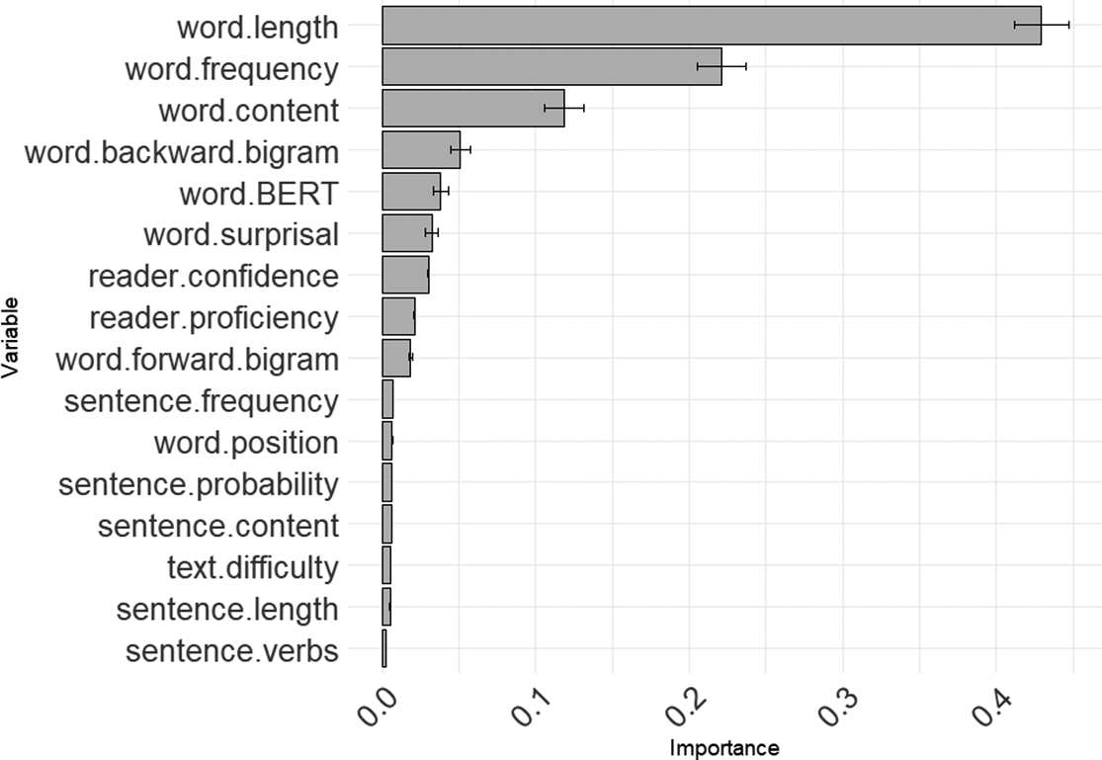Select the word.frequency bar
coord(551,66)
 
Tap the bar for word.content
coord(472,108)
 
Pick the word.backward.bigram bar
coord(420,149)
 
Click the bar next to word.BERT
coord(410,191)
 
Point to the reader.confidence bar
coord(405,274)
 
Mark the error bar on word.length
coord(1042,25)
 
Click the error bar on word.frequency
coord(721,66)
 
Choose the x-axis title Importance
coord(724,748)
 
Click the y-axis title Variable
coord(12,336)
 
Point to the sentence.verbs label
coord(232,651)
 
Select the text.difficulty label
coord(252,568)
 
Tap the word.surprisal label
coord(240,235)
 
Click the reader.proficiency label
coord(213,318)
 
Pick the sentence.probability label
coord(198,485)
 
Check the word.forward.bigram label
coord(197,360)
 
